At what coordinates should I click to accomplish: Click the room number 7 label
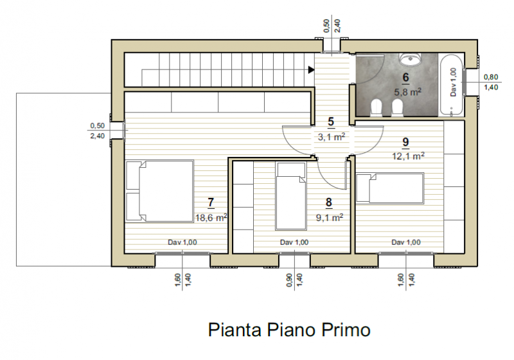tap(211, 203)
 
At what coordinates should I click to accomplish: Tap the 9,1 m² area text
tap(330, 217)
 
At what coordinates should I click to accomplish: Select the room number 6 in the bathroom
tap(406, 78)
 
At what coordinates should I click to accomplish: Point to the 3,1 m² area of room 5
tap(331, 136)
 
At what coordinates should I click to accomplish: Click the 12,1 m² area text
tap(408, 156)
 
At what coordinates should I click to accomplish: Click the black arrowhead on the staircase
tap(311, 69)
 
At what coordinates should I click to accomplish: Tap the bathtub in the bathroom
tap(452, 85)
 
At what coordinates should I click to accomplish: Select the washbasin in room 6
tap(410, 59)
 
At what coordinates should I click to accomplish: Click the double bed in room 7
tap(159, 192)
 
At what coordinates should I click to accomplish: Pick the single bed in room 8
tap(291, 196)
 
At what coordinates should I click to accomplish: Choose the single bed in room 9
tap(390, 188)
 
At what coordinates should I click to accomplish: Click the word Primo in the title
tap(346, 330)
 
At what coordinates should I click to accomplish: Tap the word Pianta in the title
tap(235, 330)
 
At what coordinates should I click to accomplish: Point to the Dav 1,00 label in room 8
tap(294, 242)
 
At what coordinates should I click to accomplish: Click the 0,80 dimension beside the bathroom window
tap(491, 77)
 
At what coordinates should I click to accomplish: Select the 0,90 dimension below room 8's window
tap(289, 280)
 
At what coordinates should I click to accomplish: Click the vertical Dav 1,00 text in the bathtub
tap(453, 82)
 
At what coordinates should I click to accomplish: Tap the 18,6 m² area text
tap(211, 217)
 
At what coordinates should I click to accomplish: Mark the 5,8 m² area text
tap(407, 92)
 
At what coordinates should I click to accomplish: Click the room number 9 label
tap(406, 142)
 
